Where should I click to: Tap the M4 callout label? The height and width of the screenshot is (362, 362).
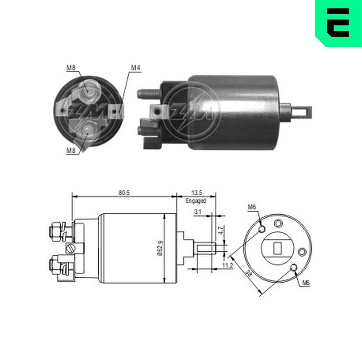[135, 68]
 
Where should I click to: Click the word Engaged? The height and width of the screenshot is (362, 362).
[195, 201]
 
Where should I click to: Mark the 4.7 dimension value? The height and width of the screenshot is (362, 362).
[220, 230]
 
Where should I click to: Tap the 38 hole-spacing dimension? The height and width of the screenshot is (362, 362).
[248, 274]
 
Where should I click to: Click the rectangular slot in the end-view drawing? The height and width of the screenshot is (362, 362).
[278, 248]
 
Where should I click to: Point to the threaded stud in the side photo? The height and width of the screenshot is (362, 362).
[148, 93]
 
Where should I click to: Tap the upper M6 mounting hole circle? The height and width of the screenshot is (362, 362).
[263, 229]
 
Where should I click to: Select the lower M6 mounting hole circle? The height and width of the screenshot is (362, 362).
[294, 268]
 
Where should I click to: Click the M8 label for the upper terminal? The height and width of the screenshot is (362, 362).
[70, 67]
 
